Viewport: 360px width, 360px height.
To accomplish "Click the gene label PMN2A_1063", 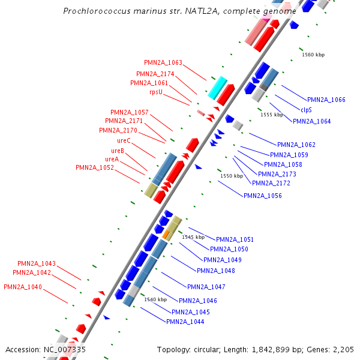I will click(163, 62).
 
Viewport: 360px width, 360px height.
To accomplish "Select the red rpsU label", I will click(156, 92).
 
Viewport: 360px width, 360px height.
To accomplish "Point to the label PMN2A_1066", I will click(326, 100).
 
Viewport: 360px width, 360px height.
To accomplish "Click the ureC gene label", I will click(124, 140).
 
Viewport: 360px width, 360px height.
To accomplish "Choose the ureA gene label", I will click(112, 159).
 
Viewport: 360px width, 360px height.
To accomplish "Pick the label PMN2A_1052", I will click(95, 167).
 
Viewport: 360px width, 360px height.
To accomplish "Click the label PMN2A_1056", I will click(263, 196).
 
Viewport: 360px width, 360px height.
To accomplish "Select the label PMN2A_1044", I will click(185, 322).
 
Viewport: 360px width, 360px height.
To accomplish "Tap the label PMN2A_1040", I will click(23, 287).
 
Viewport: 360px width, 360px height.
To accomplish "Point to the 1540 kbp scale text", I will click(155, 299).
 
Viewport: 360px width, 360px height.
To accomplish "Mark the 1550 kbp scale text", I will click(232, 176).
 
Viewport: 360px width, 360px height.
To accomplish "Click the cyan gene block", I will click(217, 88).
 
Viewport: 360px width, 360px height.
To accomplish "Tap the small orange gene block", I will click(166, 233).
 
